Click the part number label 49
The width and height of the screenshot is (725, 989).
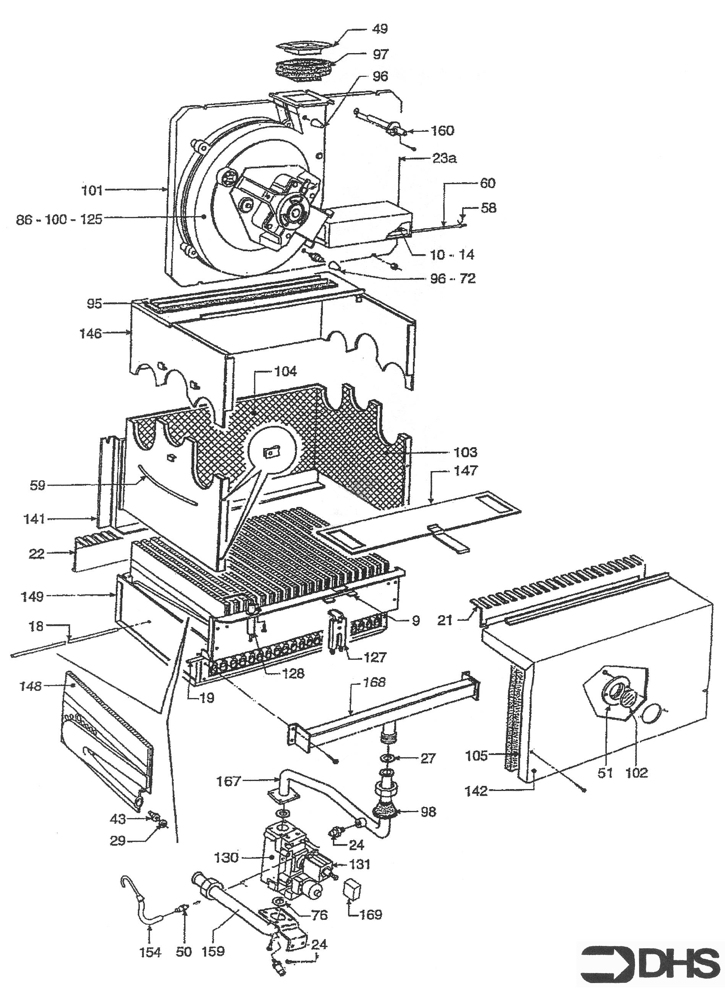click(380, 29)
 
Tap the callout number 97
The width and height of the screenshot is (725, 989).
click(380, 54)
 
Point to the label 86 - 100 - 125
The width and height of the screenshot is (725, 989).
click(59, 219)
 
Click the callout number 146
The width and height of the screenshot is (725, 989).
click(91, 333)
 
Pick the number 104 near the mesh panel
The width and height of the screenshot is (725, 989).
click(285, 372)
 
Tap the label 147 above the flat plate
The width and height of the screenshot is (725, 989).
click(466, 471)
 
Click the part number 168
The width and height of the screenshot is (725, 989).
click(374, 682)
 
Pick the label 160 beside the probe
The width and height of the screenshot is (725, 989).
click(442, 130)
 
